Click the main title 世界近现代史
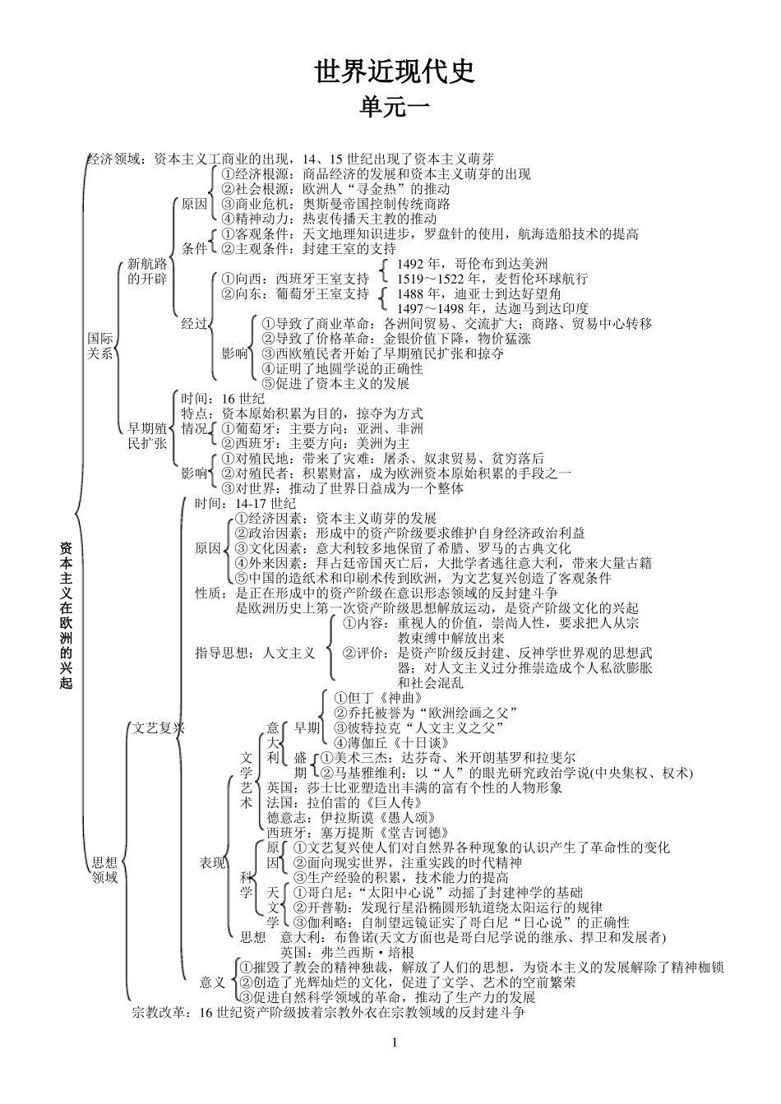395,72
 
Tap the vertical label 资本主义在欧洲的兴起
66,614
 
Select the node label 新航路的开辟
147,271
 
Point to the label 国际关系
100,345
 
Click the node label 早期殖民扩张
148,436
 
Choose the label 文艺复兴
158,728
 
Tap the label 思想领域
104,870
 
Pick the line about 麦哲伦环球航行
492,279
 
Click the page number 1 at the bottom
395,1043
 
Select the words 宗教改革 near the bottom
160,1013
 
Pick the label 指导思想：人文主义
255,653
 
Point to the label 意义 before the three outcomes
212,982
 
